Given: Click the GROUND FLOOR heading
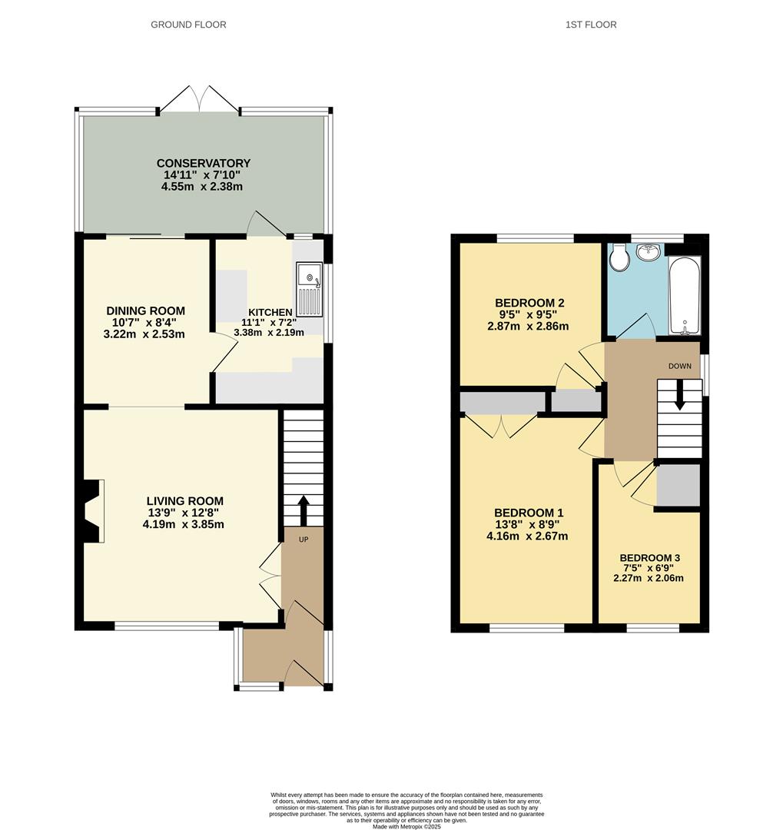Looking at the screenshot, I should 188,25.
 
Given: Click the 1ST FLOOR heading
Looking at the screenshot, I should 591,25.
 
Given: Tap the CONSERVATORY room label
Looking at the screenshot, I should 204,163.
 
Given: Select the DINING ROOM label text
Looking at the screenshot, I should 146,310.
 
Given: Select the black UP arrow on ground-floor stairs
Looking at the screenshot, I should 303,510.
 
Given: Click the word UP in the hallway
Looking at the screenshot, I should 304,539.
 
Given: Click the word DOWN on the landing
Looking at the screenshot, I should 680,366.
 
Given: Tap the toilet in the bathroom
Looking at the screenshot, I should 619,258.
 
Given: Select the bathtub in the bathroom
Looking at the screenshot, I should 684,295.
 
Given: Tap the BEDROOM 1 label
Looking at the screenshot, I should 529,513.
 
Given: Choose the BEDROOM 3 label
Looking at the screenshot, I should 649,558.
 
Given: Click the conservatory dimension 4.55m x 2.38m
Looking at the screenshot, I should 204,186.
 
